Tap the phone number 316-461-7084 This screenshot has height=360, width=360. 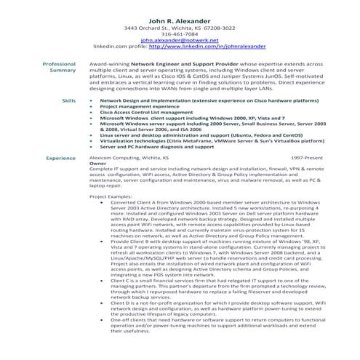point(179,33)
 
